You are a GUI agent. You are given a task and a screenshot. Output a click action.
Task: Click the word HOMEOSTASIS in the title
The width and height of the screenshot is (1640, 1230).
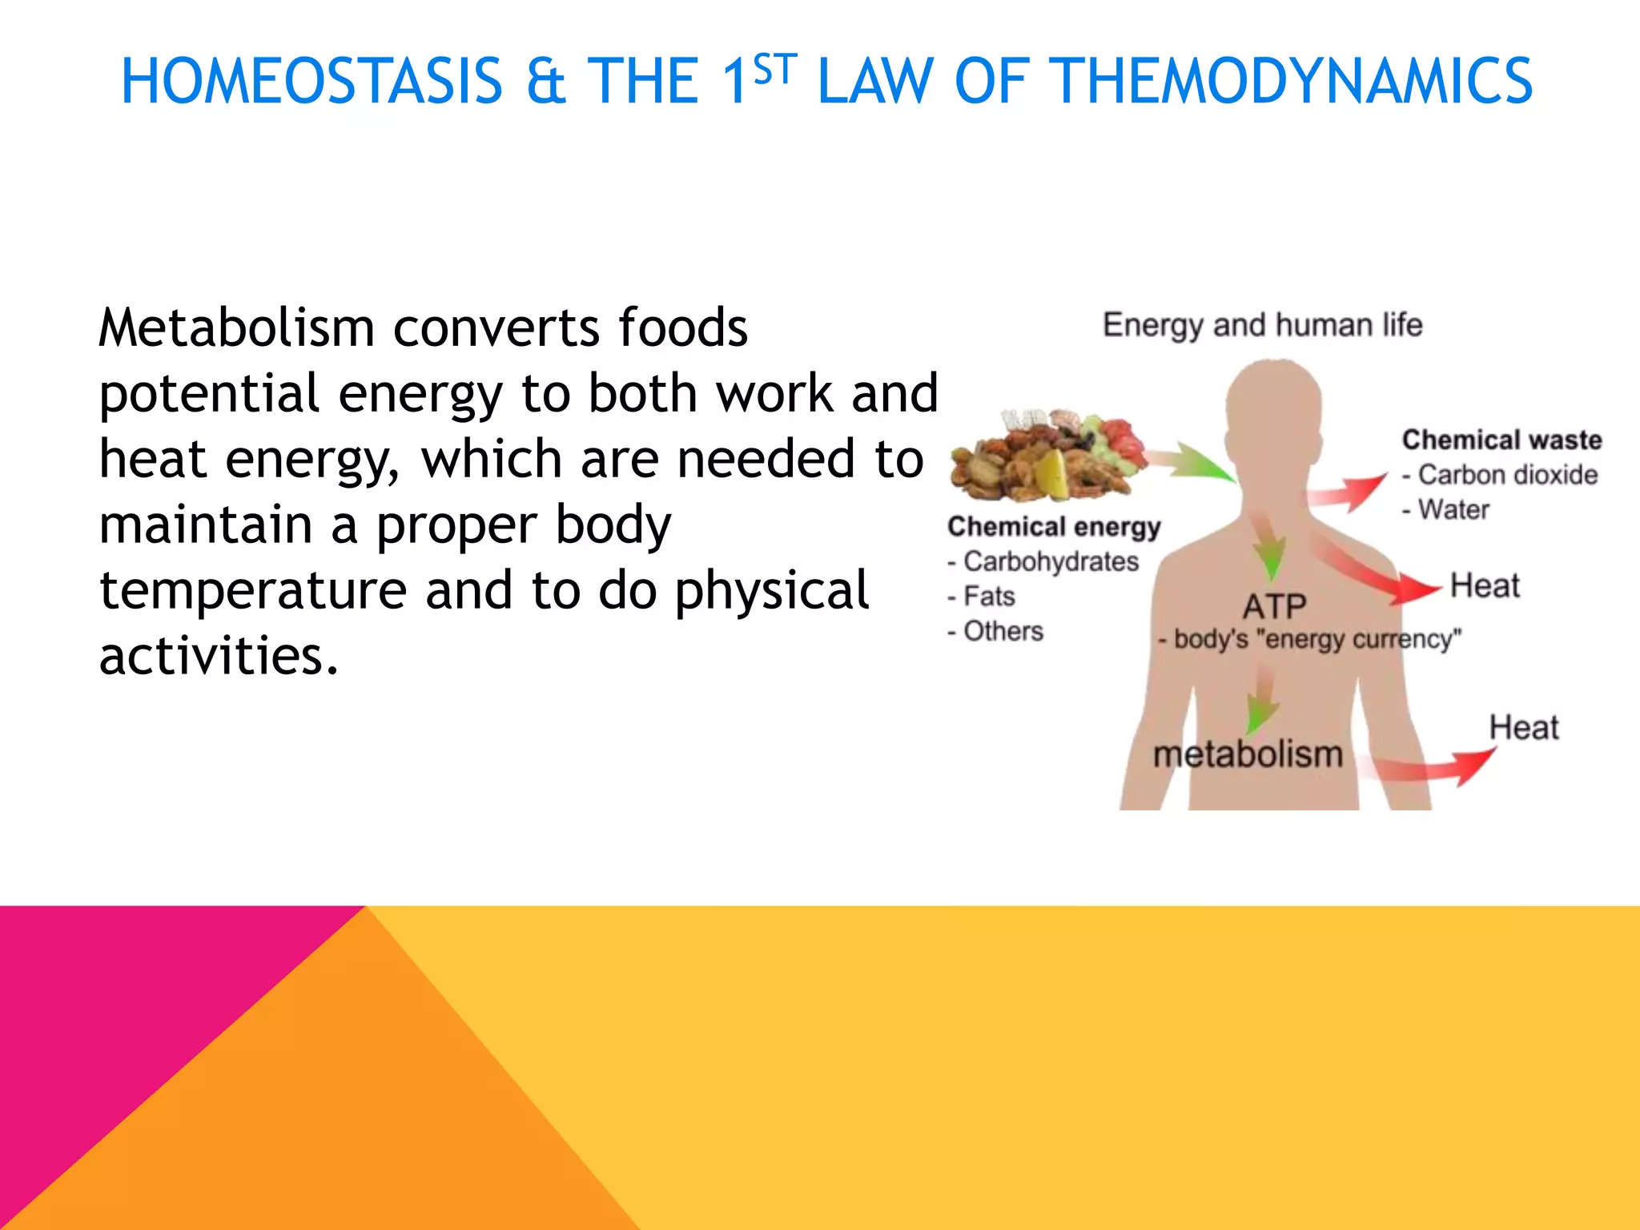[312, 82]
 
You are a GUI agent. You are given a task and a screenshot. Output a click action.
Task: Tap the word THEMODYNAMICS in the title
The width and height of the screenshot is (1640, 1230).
[1291, 82]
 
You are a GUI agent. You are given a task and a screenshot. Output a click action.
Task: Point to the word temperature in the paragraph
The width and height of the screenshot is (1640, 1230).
[252, 590]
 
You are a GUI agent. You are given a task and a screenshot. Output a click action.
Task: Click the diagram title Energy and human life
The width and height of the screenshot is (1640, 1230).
[1262, 325]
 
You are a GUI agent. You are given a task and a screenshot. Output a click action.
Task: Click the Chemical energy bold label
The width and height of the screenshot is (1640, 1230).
[1054, 526]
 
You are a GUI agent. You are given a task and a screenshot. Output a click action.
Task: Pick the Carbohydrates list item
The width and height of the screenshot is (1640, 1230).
[1050, 561]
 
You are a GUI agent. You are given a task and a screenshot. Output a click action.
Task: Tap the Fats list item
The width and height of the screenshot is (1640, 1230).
[988, 597]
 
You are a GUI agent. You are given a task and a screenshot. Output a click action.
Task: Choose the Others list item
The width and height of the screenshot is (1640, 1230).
[1003, 631]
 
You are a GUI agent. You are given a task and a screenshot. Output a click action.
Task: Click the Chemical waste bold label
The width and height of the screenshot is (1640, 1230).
[1501, 440]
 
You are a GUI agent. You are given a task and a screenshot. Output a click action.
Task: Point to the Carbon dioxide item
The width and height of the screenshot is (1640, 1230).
[1507, 475]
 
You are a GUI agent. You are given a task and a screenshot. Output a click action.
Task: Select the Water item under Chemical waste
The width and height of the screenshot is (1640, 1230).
[1453, 509]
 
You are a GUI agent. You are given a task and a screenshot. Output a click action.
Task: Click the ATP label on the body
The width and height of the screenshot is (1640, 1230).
[1274, 606]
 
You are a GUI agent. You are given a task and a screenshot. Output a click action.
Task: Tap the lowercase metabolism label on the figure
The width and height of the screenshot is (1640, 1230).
[1247, 754]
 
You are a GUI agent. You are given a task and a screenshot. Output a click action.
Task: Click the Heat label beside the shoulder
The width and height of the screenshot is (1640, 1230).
[1484, 586]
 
